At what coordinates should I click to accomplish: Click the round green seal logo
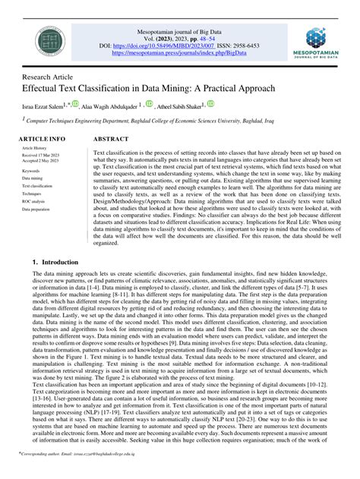pyautogui.click(x=52, y=42)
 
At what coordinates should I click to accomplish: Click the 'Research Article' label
pyautogui.click(x=48, y=77)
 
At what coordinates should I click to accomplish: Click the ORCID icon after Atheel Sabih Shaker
pyautogui.click(x=210, y=104)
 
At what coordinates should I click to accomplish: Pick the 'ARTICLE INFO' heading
pyautogui.click(x=42, y=140)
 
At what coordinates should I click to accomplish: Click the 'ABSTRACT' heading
pyautogui.click(x=111, y=140)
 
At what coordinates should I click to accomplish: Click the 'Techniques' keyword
pyautogui.click(x=33, y=193)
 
